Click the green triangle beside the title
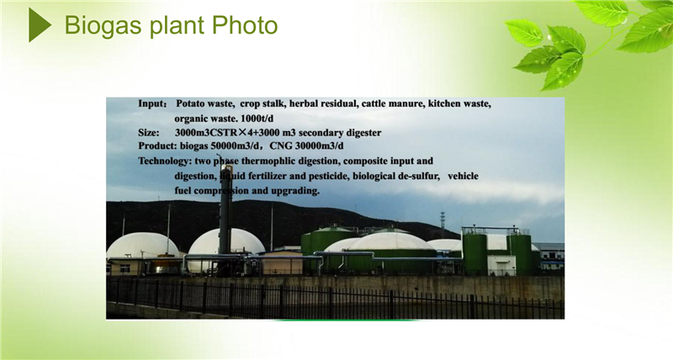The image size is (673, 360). tap(39, 25)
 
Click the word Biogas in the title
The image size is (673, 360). tap(103, 26)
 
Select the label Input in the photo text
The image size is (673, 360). tap(151, 103)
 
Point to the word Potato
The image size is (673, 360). tap(191, 103)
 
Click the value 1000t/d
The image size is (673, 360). tap(257, 119)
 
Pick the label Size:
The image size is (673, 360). tap(149, 133)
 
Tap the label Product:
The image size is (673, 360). tap(157, 146)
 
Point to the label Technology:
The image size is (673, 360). tap(165, 161)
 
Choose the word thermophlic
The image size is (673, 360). tap(267, 161)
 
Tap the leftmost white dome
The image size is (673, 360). tap(142, 246)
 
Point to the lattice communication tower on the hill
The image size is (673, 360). tap(442, 220)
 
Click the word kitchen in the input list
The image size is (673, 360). tap(443, 103)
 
